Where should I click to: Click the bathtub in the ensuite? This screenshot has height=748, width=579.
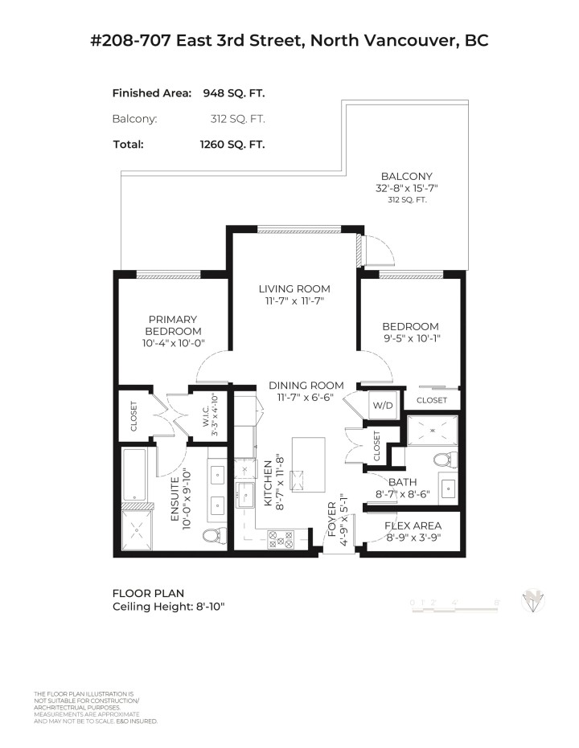[134, 474]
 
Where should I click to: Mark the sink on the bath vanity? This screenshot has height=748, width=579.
[449, 490]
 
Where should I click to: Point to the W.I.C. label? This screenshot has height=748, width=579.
[205, 416]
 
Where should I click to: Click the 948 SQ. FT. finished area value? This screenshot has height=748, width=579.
[232, 93]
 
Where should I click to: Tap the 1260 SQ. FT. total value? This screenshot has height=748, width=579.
[232, 145]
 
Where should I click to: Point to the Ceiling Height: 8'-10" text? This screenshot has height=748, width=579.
[168, 606]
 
